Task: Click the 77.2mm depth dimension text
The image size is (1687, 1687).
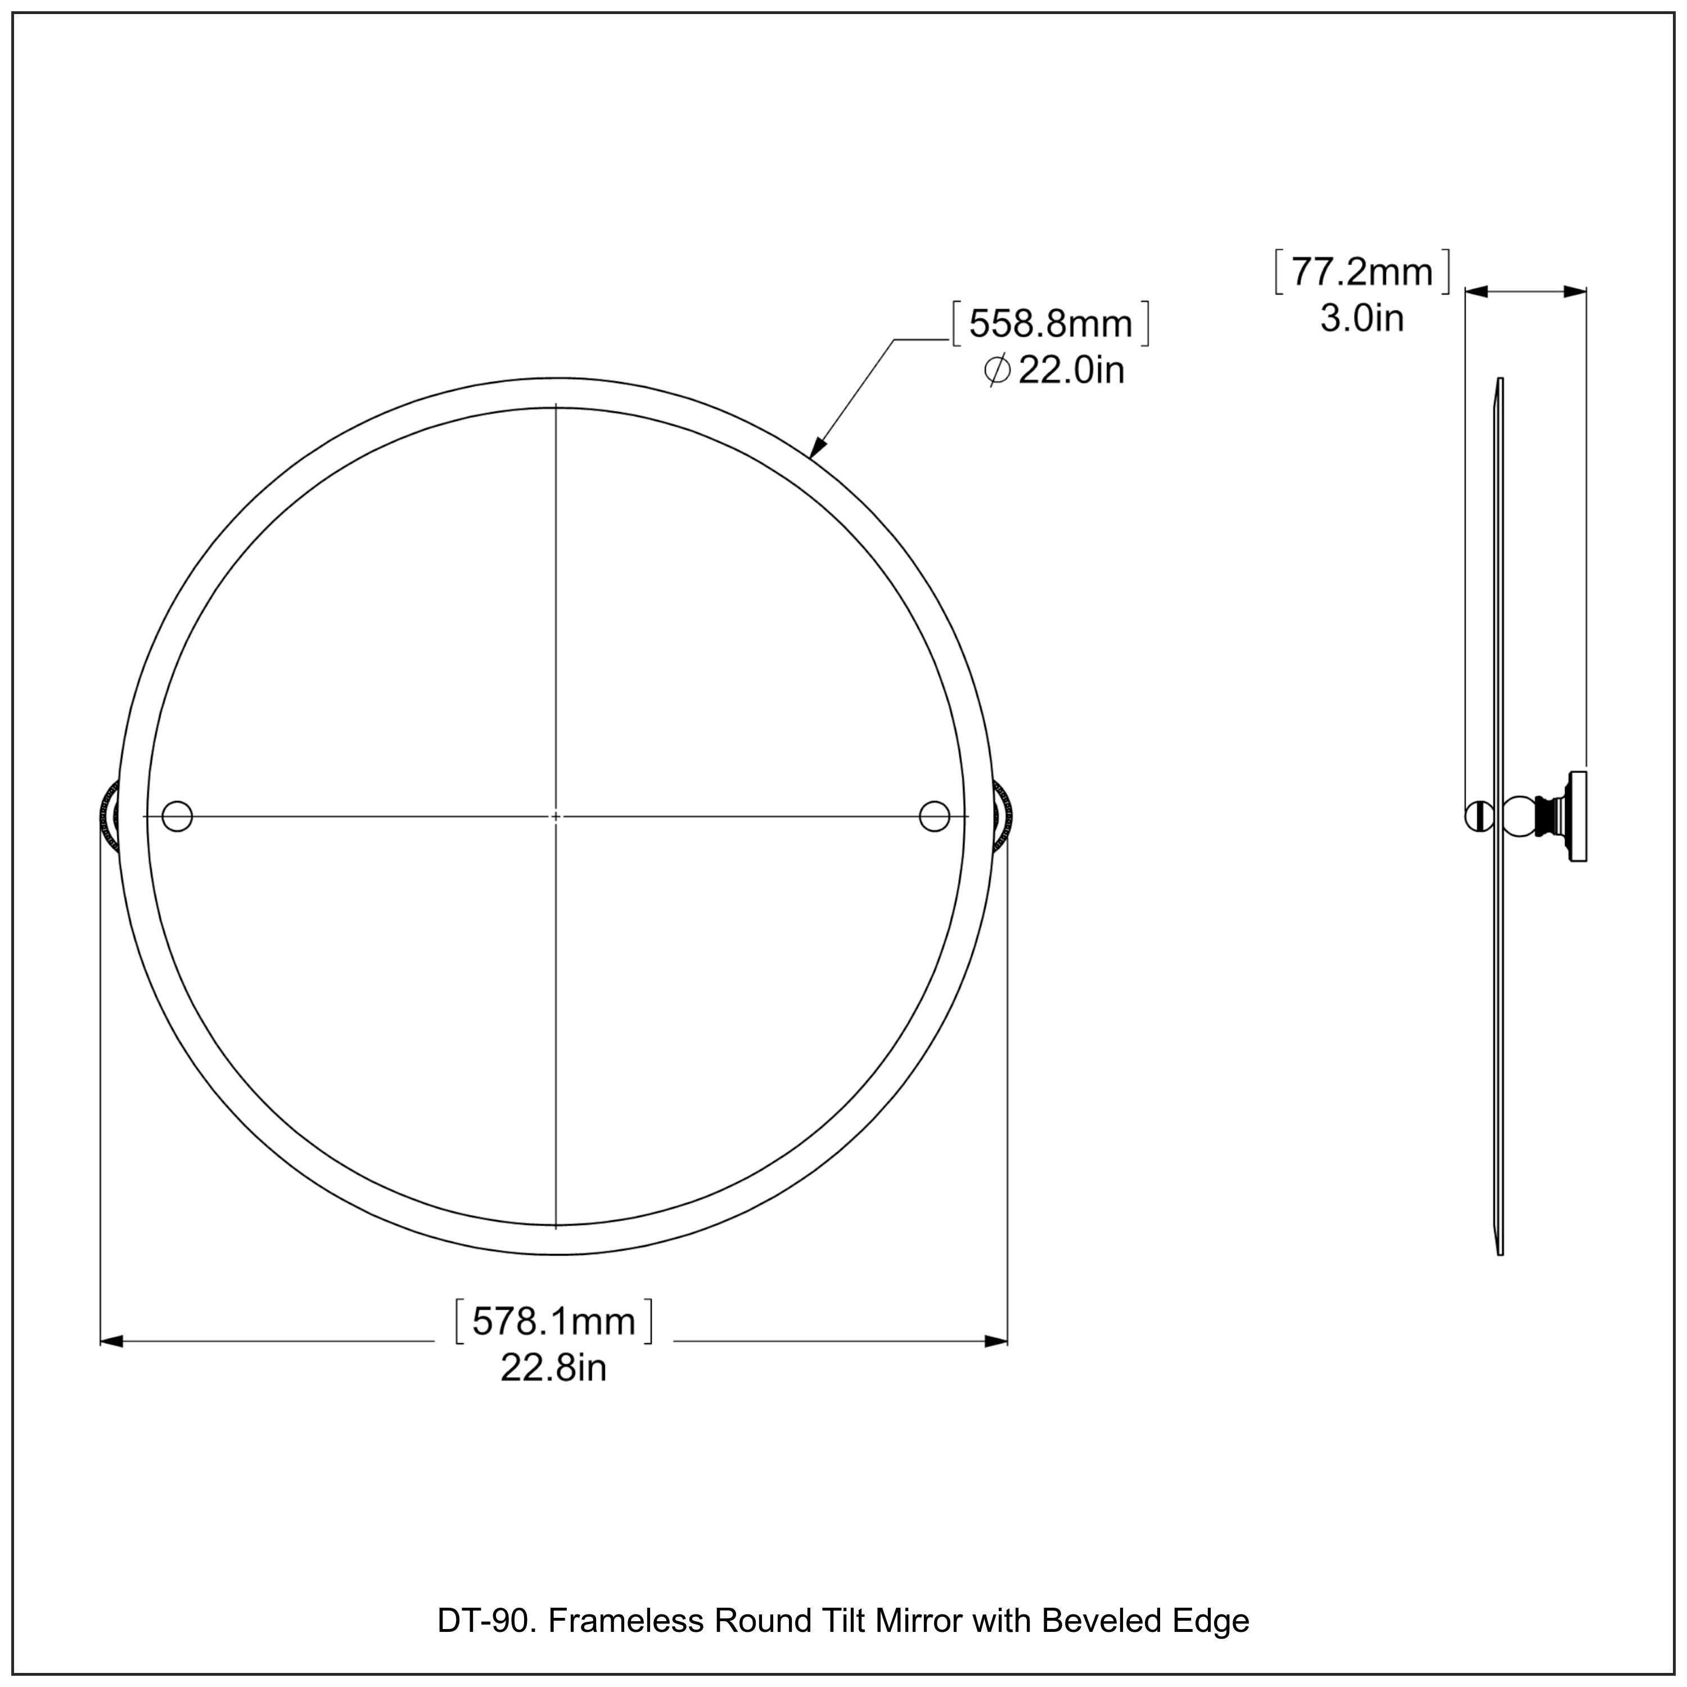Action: (1362, 272)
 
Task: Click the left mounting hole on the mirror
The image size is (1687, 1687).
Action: (177, 817)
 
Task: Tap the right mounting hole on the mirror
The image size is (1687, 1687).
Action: (933, 817)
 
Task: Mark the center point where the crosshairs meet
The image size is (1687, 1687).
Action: (556, 817)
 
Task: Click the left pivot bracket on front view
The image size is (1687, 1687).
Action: (109, 817)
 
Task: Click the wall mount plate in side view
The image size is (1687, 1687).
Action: (1578, 817)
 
